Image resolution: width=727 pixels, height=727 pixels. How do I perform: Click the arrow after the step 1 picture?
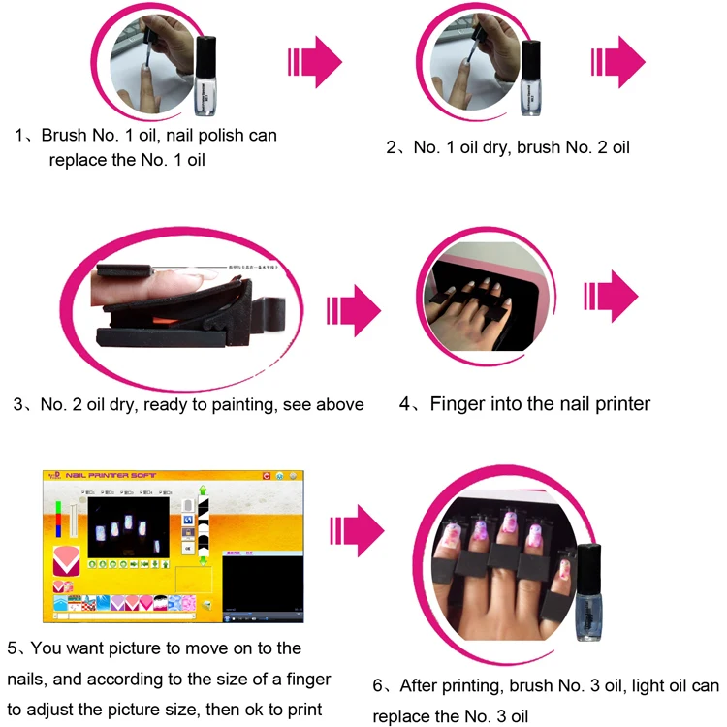[x=315, y=63]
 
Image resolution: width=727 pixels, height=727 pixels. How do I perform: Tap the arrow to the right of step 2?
[x=617, y=63]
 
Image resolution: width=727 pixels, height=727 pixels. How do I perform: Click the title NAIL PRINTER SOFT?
[x=111, y=476]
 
